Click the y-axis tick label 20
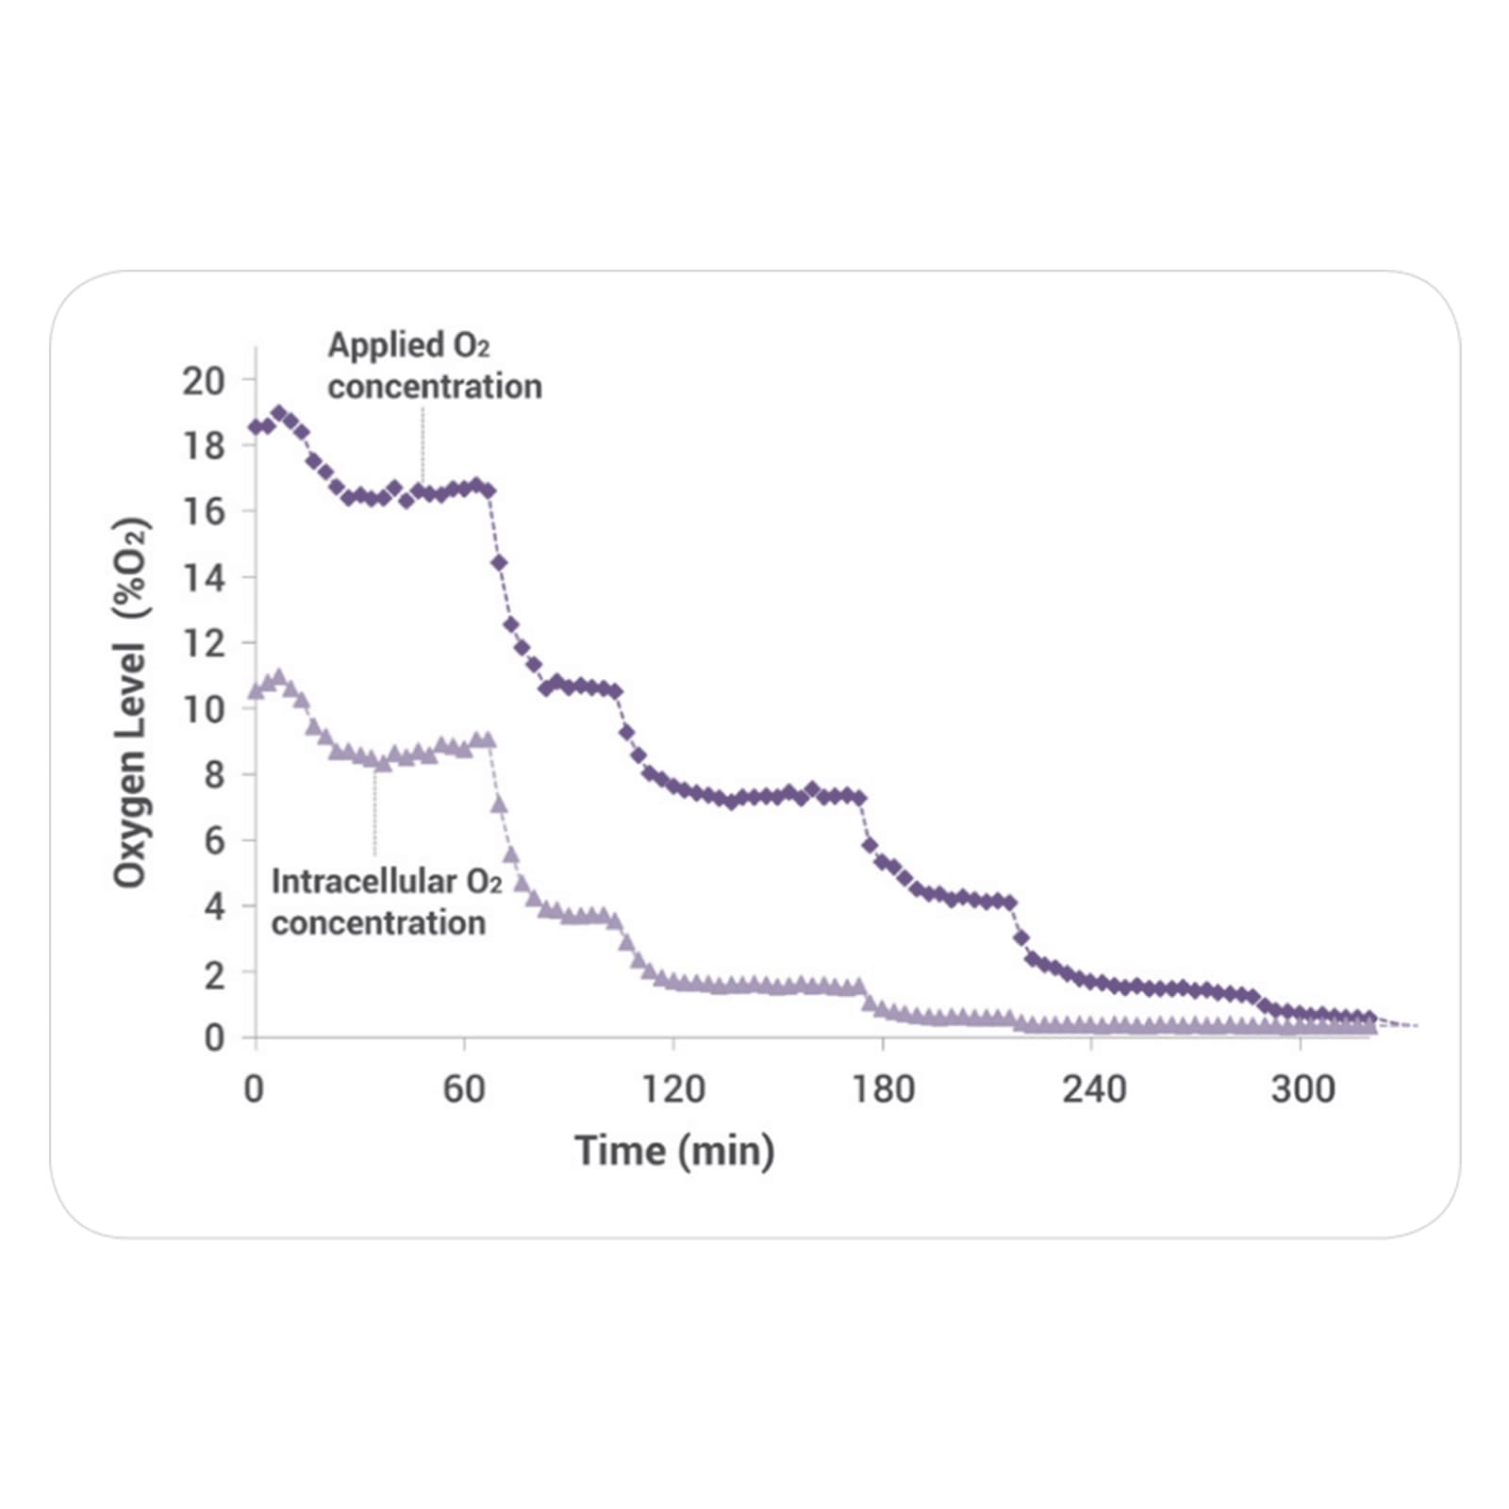[204, 381]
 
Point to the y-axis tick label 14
[204, 577]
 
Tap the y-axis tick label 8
[214, 774]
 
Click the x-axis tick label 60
[464, 1090]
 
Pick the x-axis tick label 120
[673, 1090]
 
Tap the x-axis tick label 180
[884, 1090]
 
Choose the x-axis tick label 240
[1094, 1090]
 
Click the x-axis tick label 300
[1302, 1090]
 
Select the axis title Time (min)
[674, 1151]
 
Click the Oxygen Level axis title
[131, 703]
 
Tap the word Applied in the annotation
[386, 345]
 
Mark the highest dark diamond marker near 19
[279, 413]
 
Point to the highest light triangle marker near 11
[278, 677]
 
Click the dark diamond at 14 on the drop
[499, 563]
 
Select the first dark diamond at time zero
[256, 427]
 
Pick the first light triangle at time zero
[256, 691]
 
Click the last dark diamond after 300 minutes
[1369, 1018]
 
